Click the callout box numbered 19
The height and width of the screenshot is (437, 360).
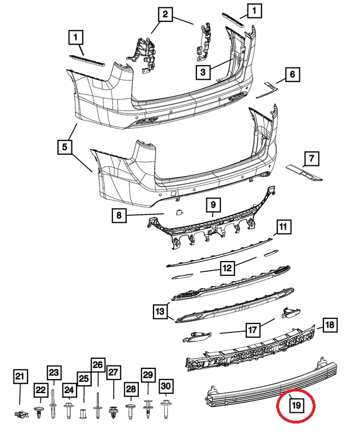tap(296, 404)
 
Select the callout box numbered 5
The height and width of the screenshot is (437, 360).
tap(65, 147)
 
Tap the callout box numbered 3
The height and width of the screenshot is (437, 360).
tap(203, 72)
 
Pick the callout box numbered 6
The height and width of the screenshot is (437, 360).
tap(292, 74)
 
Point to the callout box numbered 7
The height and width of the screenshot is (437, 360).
tap(312, 159)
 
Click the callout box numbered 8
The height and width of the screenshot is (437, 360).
tap(119, 215)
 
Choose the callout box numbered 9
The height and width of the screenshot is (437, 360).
tap(213, 205)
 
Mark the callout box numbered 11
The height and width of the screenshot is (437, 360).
tap(283, 227)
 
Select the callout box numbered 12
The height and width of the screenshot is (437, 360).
tap(227, 268)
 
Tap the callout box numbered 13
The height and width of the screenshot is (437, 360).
tap(160, 311)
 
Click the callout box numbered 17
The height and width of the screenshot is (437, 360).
tap(253, 330)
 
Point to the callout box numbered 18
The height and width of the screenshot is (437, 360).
tap(330, 325)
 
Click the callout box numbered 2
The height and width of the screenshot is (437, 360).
tap(165, 14)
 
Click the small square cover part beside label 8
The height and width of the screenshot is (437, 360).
tap(178, 212)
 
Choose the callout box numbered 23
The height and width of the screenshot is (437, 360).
tap(53, 372)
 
